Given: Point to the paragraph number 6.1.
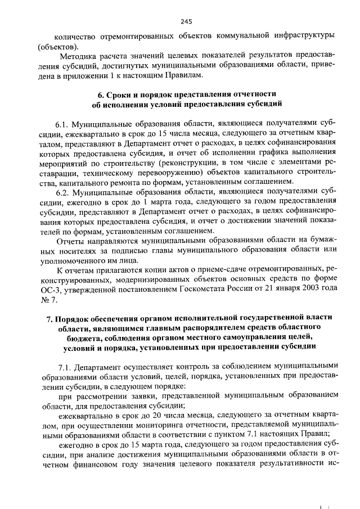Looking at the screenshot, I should tap(62, 122).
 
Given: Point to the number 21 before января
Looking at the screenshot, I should tap(261, 291).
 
